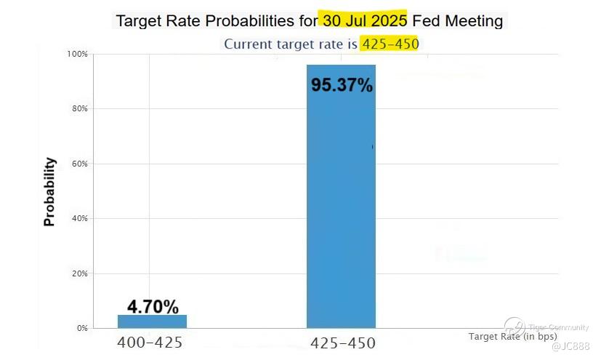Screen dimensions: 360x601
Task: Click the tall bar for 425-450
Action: [x=341, y=204]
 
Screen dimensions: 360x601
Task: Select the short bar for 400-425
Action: [x=152, y=321]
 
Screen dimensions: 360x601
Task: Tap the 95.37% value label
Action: [x=342, y=85]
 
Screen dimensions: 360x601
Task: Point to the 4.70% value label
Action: [x=153, y=306]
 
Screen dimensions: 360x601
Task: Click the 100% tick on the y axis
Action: [x=76, y=55]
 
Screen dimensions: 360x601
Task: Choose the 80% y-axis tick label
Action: [x=78, y=109]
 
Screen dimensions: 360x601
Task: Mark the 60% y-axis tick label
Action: [x=78, y=164]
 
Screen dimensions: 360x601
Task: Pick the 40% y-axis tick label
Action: [x=78, y=218]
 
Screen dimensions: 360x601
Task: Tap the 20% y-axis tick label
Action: [x=78, y=273]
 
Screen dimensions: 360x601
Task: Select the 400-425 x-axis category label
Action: [x=150, y=343]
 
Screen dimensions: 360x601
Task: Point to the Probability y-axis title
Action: [x=49, y=191]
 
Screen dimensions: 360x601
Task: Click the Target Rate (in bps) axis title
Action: [x=512, y=336]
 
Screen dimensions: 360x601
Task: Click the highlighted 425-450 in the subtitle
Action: [x=390, y=44]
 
